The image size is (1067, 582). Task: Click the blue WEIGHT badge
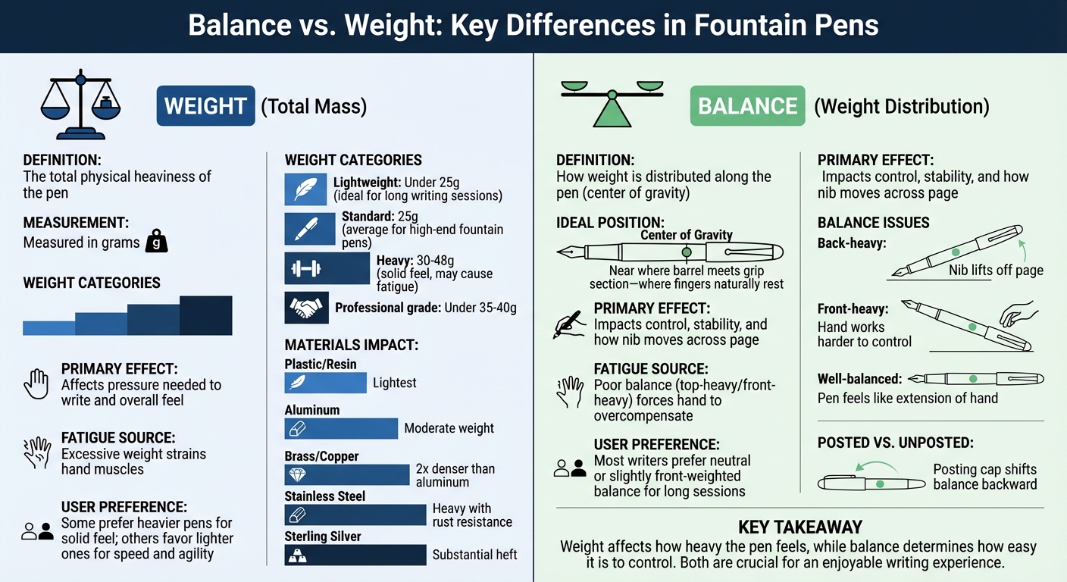[x=205, y=106]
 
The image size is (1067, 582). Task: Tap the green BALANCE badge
[x=747, y=106]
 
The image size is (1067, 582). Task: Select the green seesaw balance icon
[x=611, y=102]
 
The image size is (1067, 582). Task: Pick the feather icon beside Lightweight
[x=305, y=189]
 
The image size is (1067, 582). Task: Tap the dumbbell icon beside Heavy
[x=305, y=268]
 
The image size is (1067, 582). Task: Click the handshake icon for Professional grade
[x=306, y=308]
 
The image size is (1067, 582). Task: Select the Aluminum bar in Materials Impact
[x=341, y=428]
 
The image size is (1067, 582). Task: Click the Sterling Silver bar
[x=355, y=555]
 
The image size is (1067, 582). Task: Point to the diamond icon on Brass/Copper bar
[x=296, y=475]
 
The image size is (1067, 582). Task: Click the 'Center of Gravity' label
[x=687, y=235]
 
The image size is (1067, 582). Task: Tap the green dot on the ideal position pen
[x=687, y=252]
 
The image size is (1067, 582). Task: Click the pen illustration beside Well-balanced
[x=975, y=378]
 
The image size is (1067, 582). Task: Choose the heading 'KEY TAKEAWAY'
[x=799, y=527]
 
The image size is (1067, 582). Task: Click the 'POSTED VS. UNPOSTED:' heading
[x=896, y=443]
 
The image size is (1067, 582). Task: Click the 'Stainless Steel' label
[x=324, y=496]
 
